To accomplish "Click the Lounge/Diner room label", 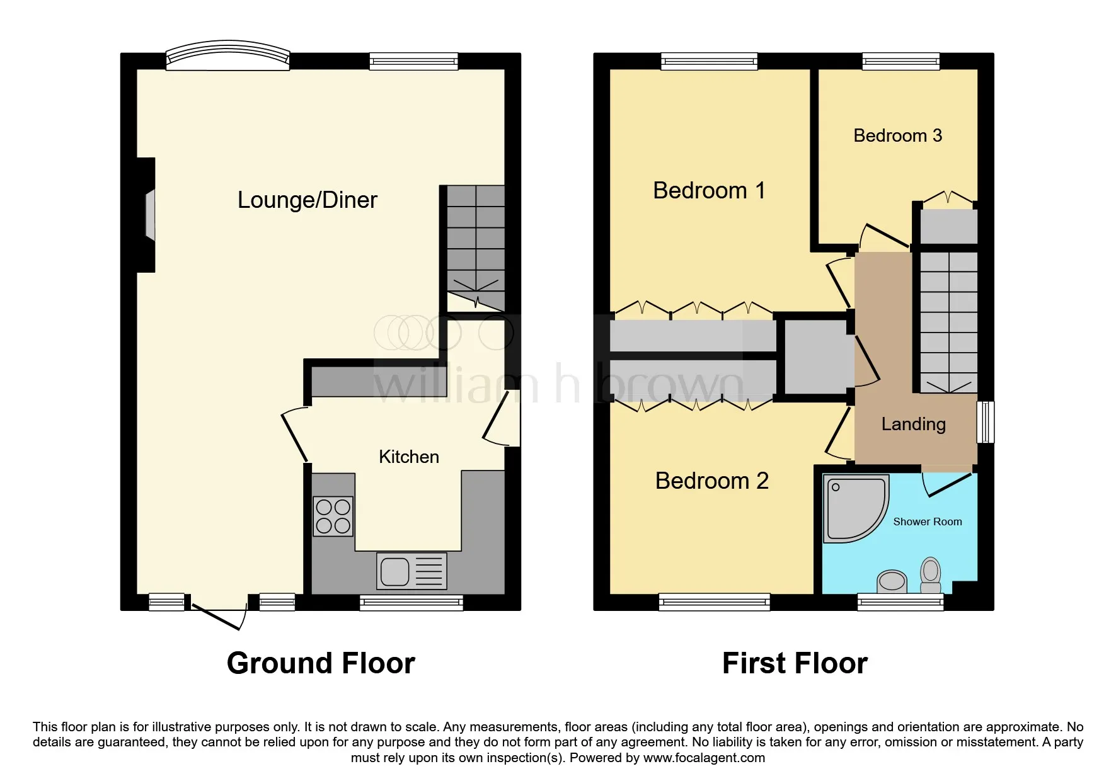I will coord(307,200).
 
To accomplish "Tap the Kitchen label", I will coord(408,457).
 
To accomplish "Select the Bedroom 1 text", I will coord(709,190).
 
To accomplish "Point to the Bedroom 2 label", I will coord(711,481).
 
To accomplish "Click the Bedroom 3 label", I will coord(897,135).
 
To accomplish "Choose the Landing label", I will coord(913,424).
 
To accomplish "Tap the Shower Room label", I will coord(927,522).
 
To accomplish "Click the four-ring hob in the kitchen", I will coord(333,516).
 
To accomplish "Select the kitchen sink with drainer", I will coord(411,571).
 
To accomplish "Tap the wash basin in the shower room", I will coord(892,581).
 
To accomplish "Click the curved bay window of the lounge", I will coord(227,55).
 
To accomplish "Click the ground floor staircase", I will coord(476,246).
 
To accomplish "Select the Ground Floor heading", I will coord(321,663).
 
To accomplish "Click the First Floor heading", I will coord(795,663).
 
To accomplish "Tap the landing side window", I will coord(986,422).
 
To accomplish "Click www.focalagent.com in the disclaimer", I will coord(704,758).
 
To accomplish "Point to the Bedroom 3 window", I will coord(900,61).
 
